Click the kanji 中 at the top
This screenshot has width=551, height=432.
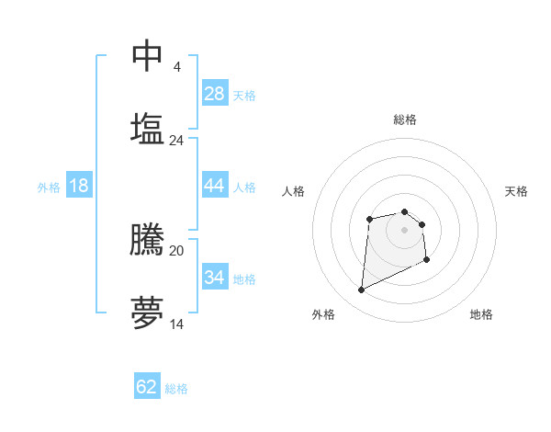pos(147,55)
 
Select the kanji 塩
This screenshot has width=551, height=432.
pos(147,129)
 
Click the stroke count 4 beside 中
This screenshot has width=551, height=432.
pos(176,67)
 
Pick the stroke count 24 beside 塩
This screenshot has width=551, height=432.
pos(176,141)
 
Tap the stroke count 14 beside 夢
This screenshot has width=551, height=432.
pos(176,324)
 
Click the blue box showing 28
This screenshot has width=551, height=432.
pos(215,94)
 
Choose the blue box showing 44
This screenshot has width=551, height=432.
pos(215,186)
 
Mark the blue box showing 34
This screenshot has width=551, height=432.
pos(215,278)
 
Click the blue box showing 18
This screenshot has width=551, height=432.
pos(79,186)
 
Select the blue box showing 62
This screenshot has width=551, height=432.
pos(147,387)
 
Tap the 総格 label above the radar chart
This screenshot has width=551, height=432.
pos(405,119)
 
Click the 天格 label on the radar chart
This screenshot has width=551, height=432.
pos(517,191)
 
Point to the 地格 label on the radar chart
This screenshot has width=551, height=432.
pos(481,314)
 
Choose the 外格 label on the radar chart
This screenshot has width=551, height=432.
pos(323,314)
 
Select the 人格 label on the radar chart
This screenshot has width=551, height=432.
pos(294,191)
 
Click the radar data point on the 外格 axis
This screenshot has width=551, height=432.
pos(361,290)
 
